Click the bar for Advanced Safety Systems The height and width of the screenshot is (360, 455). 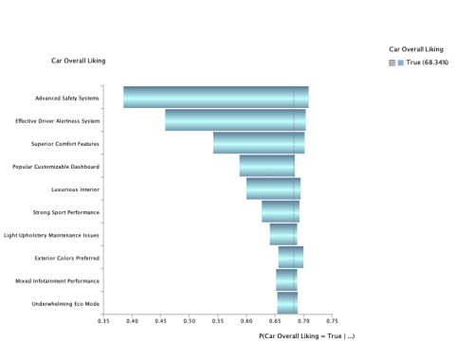[215, 98]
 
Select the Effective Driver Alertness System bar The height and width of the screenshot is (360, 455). [235, 120]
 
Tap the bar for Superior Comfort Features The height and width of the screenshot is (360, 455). [259, 143]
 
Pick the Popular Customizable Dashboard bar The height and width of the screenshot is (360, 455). [267, 166]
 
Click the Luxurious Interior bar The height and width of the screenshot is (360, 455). [273, 189]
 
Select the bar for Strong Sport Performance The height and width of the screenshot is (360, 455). [281, 211]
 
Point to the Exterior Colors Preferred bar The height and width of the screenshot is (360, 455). [290, 257]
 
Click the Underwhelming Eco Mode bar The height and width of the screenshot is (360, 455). [287, 302]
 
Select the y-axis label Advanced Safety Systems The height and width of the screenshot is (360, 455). [67, 98]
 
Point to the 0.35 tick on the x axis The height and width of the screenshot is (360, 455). [104, 321]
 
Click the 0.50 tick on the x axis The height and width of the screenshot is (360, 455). [190, 321]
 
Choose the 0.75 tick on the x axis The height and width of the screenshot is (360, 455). [332, 321]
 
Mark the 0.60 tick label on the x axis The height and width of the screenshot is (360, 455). [246, 321]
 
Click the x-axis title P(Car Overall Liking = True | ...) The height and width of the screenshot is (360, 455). [306, 336]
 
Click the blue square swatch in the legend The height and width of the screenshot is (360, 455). [401, 63]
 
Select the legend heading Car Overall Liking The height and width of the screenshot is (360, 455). [416, 48]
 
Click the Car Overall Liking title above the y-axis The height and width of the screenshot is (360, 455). [79, 61]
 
